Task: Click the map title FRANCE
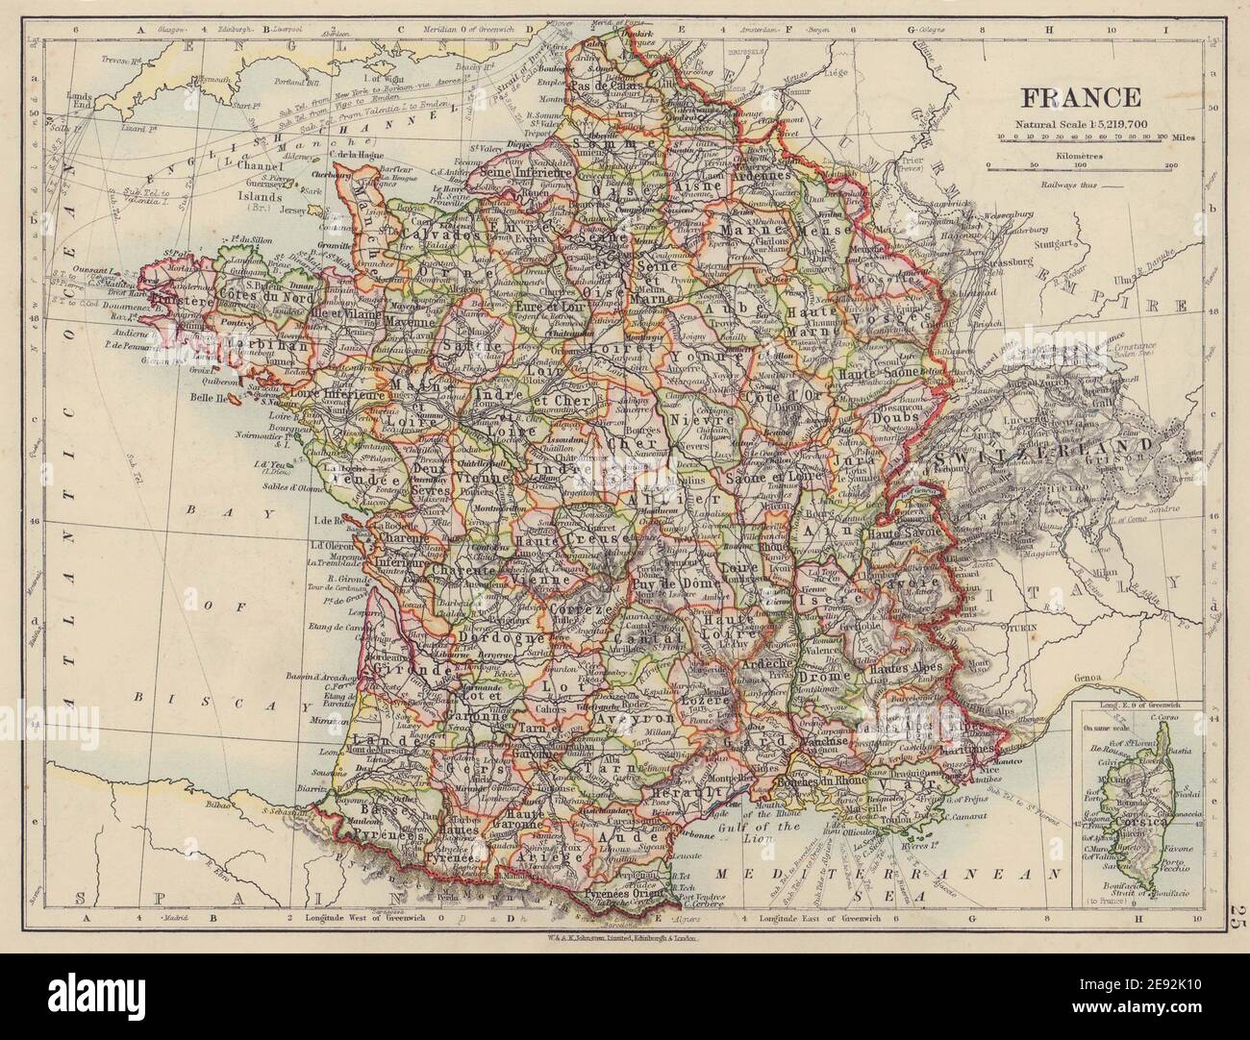tap(1081, 98)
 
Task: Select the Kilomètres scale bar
tap(1081, 165)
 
